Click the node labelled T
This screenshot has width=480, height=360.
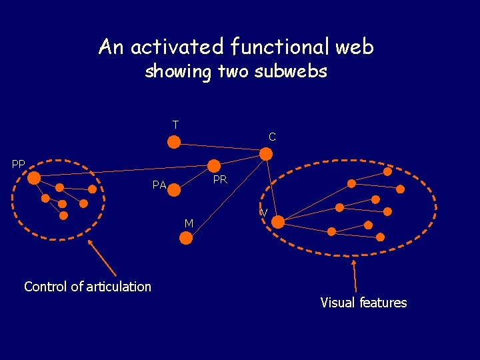pos(173,141)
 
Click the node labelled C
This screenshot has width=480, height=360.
pos(265,154)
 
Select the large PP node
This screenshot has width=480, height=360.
pos(35,177)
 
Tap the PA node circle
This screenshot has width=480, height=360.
pos(174,190)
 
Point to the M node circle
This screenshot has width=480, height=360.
pos(187,237)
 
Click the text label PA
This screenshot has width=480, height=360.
pos(159,185)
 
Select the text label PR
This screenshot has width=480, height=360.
pos(220,180)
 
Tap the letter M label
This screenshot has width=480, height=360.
pos(189,223)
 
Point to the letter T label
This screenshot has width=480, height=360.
pos(175,125)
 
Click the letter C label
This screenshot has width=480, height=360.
pos(272,137)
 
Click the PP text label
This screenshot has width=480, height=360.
pos(19,164)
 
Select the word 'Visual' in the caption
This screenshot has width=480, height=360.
pos(337,303)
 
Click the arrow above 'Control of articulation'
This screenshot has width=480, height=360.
pos(103,258)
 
